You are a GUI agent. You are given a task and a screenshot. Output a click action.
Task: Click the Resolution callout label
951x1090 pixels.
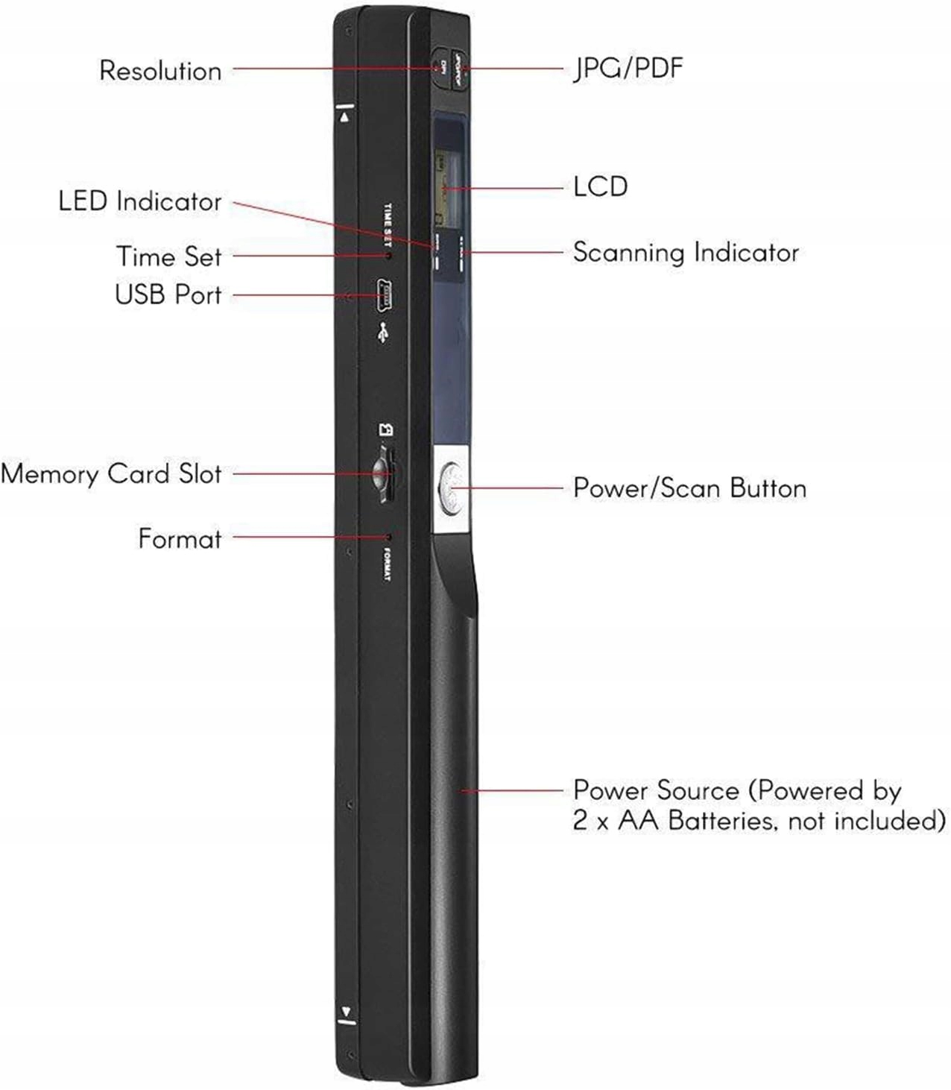click(160, 71)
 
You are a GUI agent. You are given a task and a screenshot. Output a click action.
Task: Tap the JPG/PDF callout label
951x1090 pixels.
click(628, 68)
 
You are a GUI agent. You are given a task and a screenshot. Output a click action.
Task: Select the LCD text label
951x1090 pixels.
click(600, 186)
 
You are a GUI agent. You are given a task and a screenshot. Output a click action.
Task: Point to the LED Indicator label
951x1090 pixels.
click(140, 201)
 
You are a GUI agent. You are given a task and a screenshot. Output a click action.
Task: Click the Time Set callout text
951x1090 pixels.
click(168, 256)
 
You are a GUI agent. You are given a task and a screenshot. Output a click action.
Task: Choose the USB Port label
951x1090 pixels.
click(168, 294)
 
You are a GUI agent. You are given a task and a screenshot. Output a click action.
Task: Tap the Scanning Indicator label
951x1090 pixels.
click(686, 252)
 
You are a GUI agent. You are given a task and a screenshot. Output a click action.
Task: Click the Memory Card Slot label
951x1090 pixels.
click(111, 474)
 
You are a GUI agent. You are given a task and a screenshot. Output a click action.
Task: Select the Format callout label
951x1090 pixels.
click(180, 538)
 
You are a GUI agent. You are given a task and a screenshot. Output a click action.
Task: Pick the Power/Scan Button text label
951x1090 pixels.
click(689, 488)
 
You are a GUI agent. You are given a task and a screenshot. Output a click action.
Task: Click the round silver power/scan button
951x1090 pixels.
click(450, 488)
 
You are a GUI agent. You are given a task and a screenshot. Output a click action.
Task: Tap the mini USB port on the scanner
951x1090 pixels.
click(385, 295)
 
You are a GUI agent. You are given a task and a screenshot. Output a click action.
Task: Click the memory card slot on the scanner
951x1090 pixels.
click(385, 475)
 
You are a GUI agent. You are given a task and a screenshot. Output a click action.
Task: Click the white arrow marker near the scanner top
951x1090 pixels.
click(344, 116)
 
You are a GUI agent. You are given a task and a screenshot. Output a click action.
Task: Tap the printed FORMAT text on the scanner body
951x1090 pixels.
click(387, 565)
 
